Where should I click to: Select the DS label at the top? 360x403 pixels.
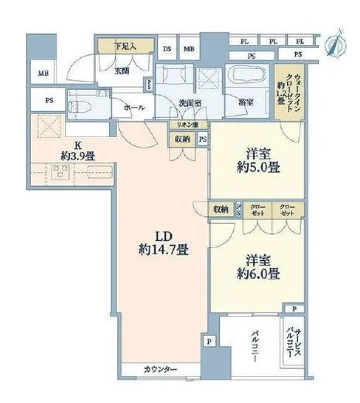[168, 49]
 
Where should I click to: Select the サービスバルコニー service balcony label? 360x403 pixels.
[292, 342]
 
